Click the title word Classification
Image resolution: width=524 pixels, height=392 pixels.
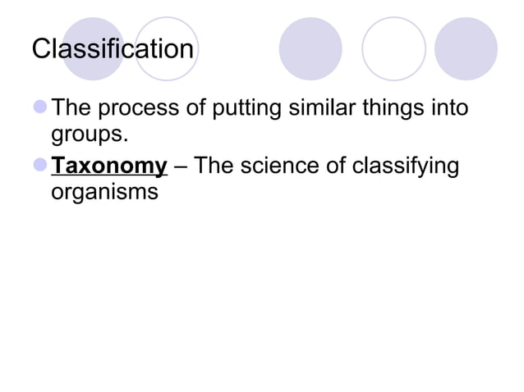(113, 49)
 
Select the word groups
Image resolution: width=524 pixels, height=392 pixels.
(89, 134)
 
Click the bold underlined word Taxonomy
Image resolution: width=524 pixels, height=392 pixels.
(109, 166)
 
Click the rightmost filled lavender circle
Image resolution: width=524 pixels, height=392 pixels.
(466, 49)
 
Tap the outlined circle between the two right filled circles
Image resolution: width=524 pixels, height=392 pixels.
(393, 49)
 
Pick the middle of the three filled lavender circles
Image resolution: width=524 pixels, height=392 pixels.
(310, 49)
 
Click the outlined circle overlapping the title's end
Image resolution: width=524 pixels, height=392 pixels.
(167, 49)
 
